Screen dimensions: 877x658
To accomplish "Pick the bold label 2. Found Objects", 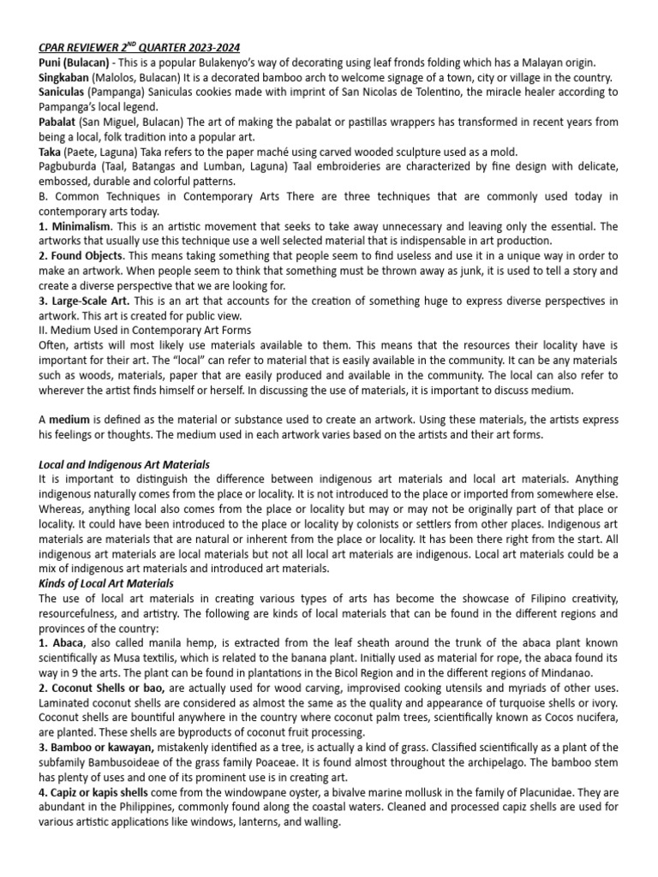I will [x=82, y=256].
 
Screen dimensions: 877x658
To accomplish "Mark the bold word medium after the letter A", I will [x=69, y=420].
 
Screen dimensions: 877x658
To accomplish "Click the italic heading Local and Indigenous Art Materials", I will [x=124, y=464].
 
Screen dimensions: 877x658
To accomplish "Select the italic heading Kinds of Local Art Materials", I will [x=106, y=583].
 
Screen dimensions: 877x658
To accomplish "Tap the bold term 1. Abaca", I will [x=63, y=642].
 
